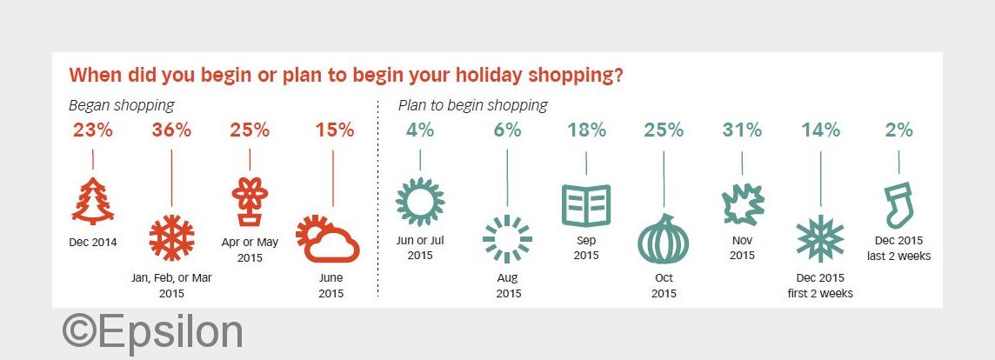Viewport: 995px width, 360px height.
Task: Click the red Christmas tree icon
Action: (93, 201)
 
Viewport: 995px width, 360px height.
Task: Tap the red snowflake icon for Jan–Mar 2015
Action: (171, 238)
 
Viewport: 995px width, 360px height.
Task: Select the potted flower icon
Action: (250, 202)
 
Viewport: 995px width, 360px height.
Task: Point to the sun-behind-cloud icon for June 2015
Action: (327, 239)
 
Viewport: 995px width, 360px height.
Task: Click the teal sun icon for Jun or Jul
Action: (419, 202)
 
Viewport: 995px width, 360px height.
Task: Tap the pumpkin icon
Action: (663, 239)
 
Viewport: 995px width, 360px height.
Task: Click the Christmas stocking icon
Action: (898, 204)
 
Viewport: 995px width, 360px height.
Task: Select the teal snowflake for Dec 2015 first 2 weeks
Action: (820, 239)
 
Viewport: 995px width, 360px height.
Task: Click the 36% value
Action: (171, 130)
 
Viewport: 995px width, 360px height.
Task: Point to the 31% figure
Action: (742, 130)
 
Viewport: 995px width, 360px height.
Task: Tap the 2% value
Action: (898, 130)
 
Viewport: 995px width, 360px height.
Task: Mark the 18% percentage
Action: (586, 130)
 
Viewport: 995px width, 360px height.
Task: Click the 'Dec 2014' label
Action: (93, 242)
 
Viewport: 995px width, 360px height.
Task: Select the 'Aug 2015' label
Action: (508, 285)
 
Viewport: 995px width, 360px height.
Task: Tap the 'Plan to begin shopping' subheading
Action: (473, 105)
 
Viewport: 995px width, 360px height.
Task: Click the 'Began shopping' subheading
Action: (121, 105)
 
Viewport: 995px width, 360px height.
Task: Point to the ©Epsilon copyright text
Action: (153, 332)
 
